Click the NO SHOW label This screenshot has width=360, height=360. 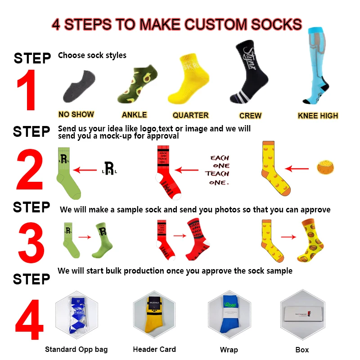point(76,114)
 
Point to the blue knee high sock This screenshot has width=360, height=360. point(321,67)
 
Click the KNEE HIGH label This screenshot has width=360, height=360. point(318,116)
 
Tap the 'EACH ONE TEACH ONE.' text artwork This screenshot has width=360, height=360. point(219,170)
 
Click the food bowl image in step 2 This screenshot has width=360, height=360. point(327,167)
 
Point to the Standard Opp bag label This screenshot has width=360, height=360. point(76,349)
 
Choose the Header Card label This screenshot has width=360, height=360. point(154,349)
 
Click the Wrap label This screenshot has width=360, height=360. point(229,350)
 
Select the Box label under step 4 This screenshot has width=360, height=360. point(302,350)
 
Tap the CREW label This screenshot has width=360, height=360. point(250,116)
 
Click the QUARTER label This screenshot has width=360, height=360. point(190,115)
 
